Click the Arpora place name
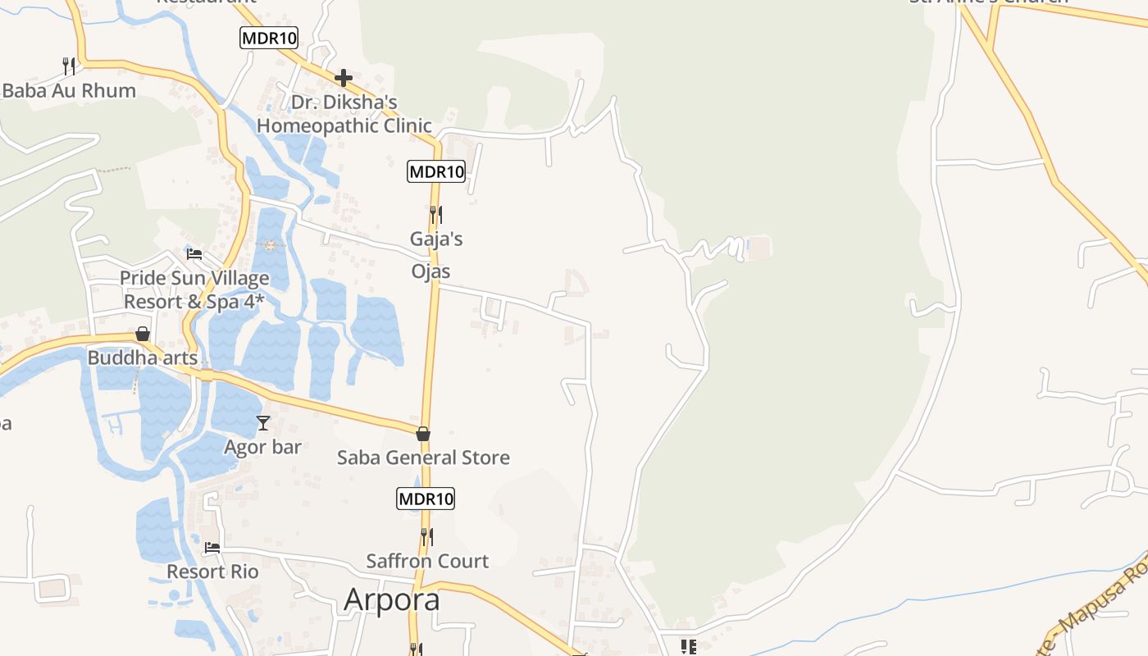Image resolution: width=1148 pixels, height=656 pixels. click(x=392, y=599)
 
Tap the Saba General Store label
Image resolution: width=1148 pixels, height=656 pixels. click(x=423, y=458)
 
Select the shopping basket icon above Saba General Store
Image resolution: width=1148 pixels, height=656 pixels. click(x=423, y=434)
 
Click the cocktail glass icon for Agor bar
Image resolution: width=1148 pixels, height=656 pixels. click(x=263, y=423)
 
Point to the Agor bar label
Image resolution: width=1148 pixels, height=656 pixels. click(x=263, y=447)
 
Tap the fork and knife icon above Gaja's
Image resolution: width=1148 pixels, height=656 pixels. click(x=436, y=215)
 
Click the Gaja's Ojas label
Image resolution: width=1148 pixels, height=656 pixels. click(x=436, y=255)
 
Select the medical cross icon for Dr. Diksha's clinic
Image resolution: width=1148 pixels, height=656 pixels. click(x=344, y=78)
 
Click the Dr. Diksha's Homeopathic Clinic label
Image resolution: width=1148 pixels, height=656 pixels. click(x=344, y=114)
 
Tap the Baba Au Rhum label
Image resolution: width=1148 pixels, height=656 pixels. click(x=69, y=90)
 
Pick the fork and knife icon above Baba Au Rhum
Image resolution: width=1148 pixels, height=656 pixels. click(x=69, y=66)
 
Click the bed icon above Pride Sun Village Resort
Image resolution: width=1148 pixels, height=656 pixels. click(x=194, y=253)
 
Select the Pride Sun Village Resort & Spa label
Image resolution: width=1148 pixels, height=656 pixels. click(x=194, y=289)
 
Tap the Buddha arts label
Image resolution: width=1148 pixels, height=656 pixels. click(x=143, y=358)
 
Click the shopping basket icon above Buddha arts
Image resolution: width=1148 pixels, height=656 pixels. click(x=143, y=334)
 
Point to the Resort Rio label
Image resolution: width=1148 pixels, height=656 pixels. click(x=212, y=571)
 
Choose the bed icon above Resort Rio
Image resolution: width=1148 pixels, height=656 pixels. click(x=212, y=547)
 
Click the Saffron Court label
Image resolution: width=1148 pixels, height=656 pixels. click(x=427, y=561)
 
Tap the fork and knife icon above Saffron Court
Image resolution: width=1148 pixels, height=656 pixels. click(x=427, y=537)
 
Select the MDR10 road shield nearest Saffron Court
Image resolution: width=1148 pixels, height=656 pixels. click(x=426, y=499)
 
